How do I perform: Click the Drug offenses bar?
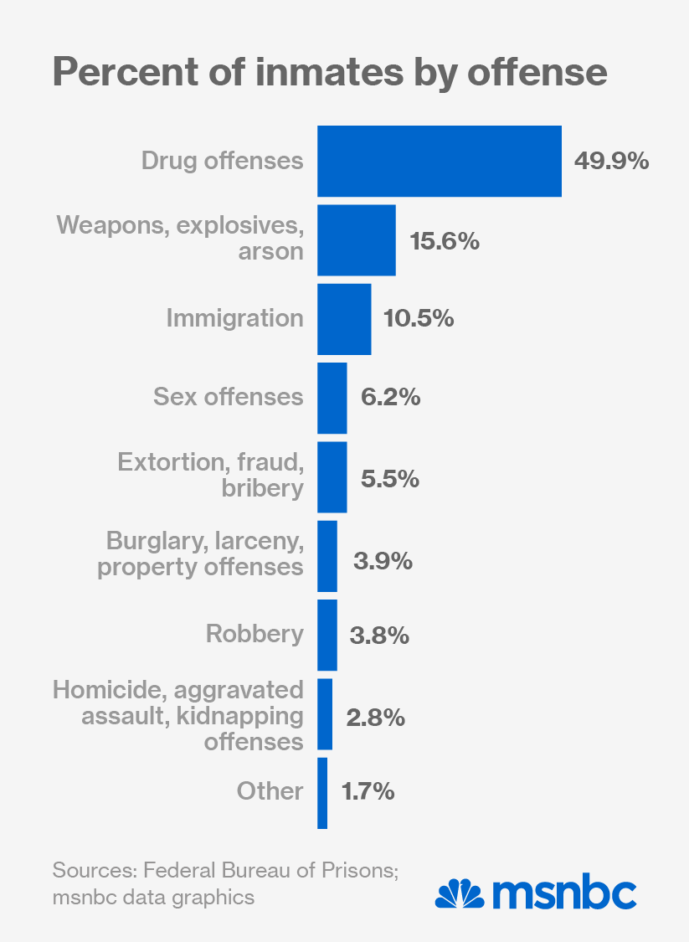pyautogui.click(x=439, y=162)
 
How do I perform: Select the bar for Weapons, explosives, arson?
pyautogui.click(x=356, y=240)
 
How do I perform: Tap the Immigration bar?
pyautogui.click(x=343, y=319)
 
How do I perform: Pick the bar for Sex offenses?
pyautogui.click(x=332, y=398)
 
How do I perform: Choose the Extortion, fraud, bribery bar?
pyautogui.click(x=332, y=477)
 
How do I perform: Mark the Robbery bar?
pyautogui.click(x=327, y=635)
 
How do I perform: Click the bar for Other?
pyautogui.click(x=322, y=793)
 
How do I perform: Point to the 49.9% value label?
pyautogui.click(x=611, y=162)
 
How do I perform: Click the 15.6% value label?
pyautogui.click(x=445, y=241)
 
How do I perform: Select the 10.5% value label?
pyautogui.click(x=419, y=319)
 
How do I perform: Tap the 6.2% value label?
pyautogui.click(x=390, y=398)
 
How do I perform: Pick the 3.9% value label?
pyautogui.click(x=383, y=561)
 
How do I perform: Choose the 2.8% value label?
pyautogui.click(x=375, y=718)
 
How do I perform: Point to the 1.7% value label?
pyautogui.click(x=368, y=792)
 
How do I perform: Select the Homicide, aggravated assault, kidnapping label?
pyautogui.click(x=178, y=715)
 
